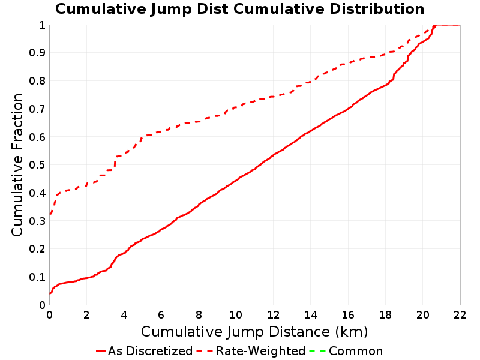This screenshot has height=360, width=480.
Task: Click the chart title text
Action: click(x=239, y=9)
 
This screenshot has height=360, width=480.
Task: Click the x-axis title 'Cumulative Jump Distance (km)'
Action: click(x=254, y=332)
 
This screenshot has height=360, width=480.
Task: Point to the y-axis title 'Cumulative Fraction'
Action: click(x=17, y=164)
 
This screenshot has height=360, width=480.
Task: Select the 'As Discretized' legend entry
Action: click(x=144, y=351)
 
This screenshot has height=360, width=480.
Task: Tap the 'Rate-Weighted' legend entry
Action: click(x=251, y=351)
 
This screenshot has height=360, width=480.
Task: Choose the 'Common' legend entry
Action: click(x=346, y=351)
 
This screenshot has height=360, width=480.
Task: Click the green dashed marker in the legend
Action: click(x=317, y=351)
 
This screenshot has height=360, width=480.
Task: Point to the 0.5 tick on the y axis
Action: click(x=37, y=165)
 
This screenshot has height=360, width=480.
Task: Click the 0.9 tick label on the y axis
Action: click(x=37, y=53)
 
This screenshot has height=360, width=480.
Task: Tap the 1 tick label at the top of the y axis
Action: click(x=42, y=25)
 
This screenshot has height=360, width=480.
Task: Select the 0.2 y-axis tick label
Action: click(x=37, y=249)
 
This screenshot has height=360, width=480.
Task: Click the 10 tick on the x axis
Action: click(x=236, y=315)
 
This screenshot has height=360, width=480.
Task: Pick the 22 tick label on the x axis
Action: click(x=460, y=315)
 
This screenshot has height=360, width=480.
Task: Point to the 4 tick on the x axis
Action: click(x=124, y=315)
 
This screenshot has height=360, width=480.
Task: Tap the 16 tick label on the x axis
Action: click(x=348, y=315)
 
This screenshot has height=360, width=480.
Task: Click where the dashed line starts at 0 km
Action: click(x=50, y=214)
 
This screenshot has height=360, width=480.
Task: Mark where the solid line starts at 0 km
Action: click(x=50, y=293)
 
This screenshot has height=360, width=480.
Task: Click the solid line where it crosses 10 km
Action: click(x=236, y=181)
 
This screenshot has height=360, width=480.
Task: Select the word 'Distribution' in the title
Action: click(x=377, y=9)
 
